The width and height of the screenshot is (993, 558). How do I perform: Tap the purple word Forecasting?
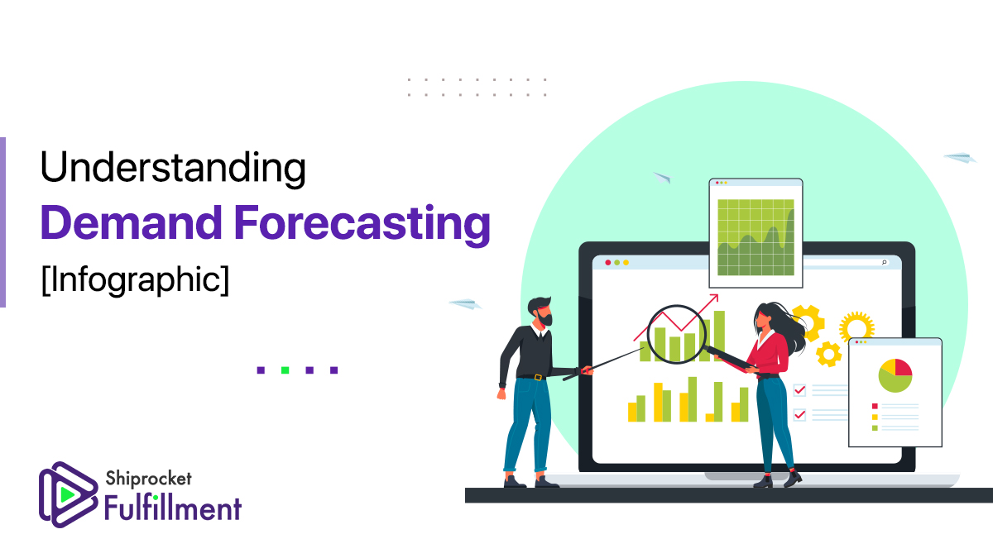click(x=362, y=224)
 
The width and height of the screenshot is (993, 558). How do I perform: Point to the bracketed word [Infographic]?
click(x=135, y=280)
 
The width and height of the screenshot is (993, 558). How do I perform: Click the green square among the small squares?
click(x=285, y=370)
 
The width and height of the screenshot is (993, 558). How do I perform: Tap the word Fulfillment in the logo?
click(x=173, y=508)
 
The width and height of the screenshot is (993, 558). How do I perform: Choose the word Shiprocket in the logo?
click(x=148, y=479)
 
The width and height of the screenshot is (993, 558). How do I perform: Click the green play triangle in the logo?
click(x=66, y=494)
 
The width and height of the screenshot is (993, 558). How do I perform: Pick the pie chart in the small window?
click(x=895, y=375)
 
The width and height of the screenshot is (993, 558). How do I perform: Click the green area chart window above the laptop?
click(x=756, y=233)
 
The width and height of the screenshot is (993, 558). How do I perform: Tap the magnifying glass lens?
click(x=677, y=334)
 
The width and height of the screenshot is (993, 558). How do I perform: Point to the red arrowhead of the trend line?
click(x=713, y=298)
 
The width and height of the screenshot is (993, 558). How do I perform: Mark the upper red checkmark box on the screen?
click(x=799, y=390)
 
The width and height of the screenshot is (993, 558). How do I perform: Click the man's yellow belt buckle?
click(x=538, y=377)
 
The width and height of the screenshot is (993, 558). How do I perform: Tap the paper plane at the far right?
click(x=960, y=157)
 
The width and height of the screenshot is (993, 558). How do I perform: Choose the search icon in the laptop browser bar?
click(x=884, y=263)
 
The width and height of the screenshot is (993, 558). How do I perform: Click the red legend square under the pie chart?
click(x=875, y=406)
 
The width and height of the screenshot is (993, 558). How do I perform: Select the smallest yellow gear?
click(x=828, y=355)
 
